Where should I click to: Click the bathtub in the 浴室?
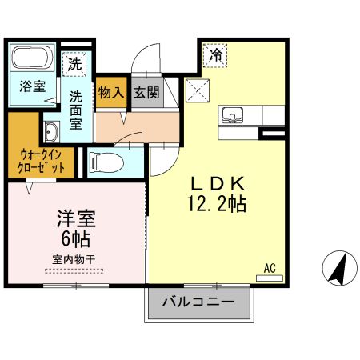click(32, 58)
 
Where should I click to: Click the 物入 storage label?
click(110, 93)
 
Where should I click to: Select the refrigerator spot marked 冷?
click(215, 55)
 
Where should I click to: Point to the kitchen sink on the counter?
click(233, 114)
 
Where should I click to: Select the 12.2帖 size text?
click(215, 204)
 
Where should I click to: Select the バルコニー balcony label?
click(198, 302)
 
